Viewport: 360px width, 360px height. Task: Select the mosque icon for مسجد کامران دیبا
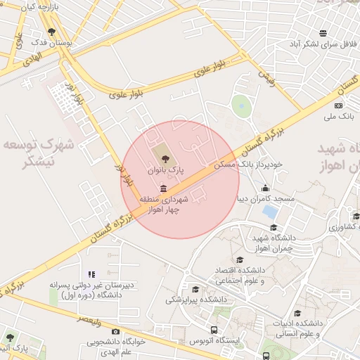pyautogui.click(x=265, y=188)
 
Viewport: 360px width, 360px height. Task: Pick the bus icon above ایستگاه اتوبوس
pyautogui.click(x=214, y=329)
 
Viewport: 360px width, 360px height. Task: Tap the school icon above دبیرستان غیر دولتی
pyautogui.click(x=91, y=274)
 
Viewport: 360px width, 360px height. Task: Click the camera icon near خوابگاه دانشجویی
pyautogui.click(x=116, y=331)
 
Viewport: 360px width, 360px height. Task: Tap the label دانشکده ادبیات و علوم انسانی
pyautogui.click(x=299, y=328)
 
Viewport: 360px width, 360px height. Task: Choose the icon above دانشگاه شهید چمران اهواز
pyautogui.click(x=274, y=227)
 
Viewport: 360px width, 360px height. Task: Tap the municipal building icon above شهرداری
pyautogui.click(x=164, y=188)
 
